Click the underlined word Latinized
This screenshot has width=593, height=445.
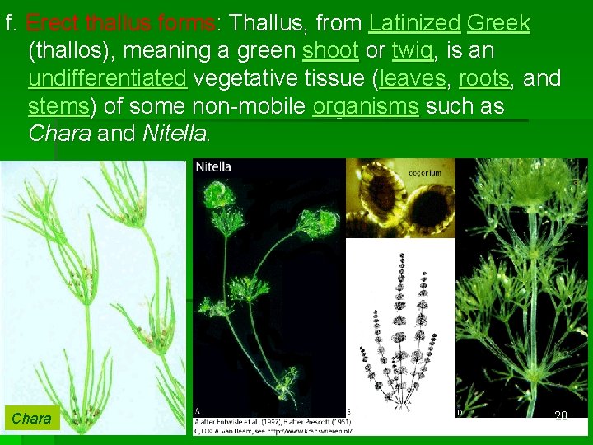click(414, 22)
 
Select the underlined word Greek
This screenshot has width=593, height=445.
click(498, 22)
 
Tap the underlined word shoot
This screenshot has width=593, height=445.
click(330, 51)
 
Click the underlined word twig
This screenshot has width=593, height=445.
click(412, 51)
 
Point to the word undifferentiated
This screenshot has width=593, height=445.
click(107, 79)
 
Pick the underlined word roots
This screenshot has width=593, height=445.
click(484, 79)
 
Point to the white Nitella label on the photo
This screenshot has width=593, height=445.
click(213, 167)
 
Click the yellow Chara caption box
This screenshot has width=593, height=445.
click(31, 419)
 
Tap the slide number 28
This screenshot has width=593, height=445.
click(561, 416)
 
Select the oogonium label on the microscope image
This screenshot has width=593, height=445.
click(425, 173)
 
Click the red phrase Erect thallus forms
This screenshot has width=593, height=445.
click(121, 22)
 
